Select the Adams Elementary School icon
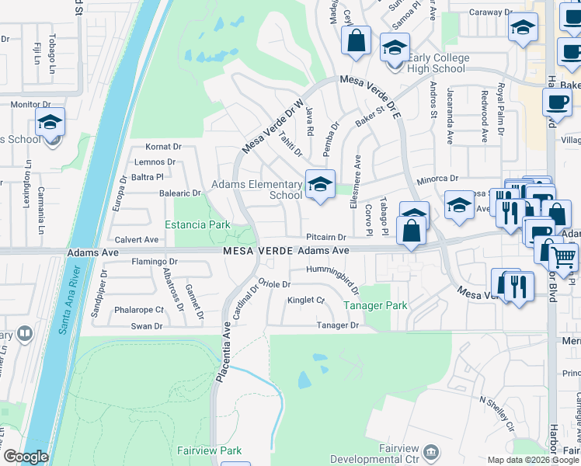coord(320,184)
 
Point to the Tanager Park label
coord(381,306)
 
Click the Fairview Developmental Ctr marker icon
coord(434,451)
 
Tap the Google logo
coord(26,457)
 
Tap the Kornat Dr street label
coord(163,146)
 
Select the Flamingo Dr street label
coord(155,261)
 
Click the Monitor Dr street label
coord(30,104)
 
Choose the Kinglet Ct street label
coord(305,300)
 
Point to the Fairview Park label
coord(209,450)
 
